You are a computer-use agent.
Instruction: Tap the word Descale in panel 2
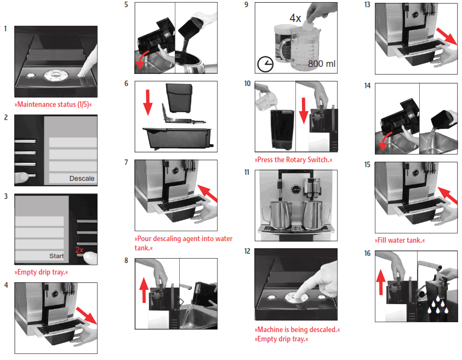[x=82, y=178]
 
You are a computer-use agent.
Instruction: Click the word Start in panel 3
[x=56, y=256]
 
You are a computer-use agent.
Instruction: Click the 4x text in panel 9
[x=295, y=18]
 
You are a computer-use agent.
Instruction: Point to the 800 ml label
[x=321, y=64]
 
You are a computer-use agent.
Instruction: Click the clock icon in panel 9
[x=265, y=65]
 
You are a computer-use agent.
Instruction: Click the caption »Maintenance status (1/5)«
[x=53, y=104]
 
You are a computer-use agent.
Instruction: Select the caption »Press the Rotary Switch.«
[x=293, y=160]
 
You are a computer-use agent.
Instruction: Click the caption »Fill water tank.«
[x=400, y=240]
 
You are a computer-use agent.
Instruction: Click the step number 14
[x=367, y=86]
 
